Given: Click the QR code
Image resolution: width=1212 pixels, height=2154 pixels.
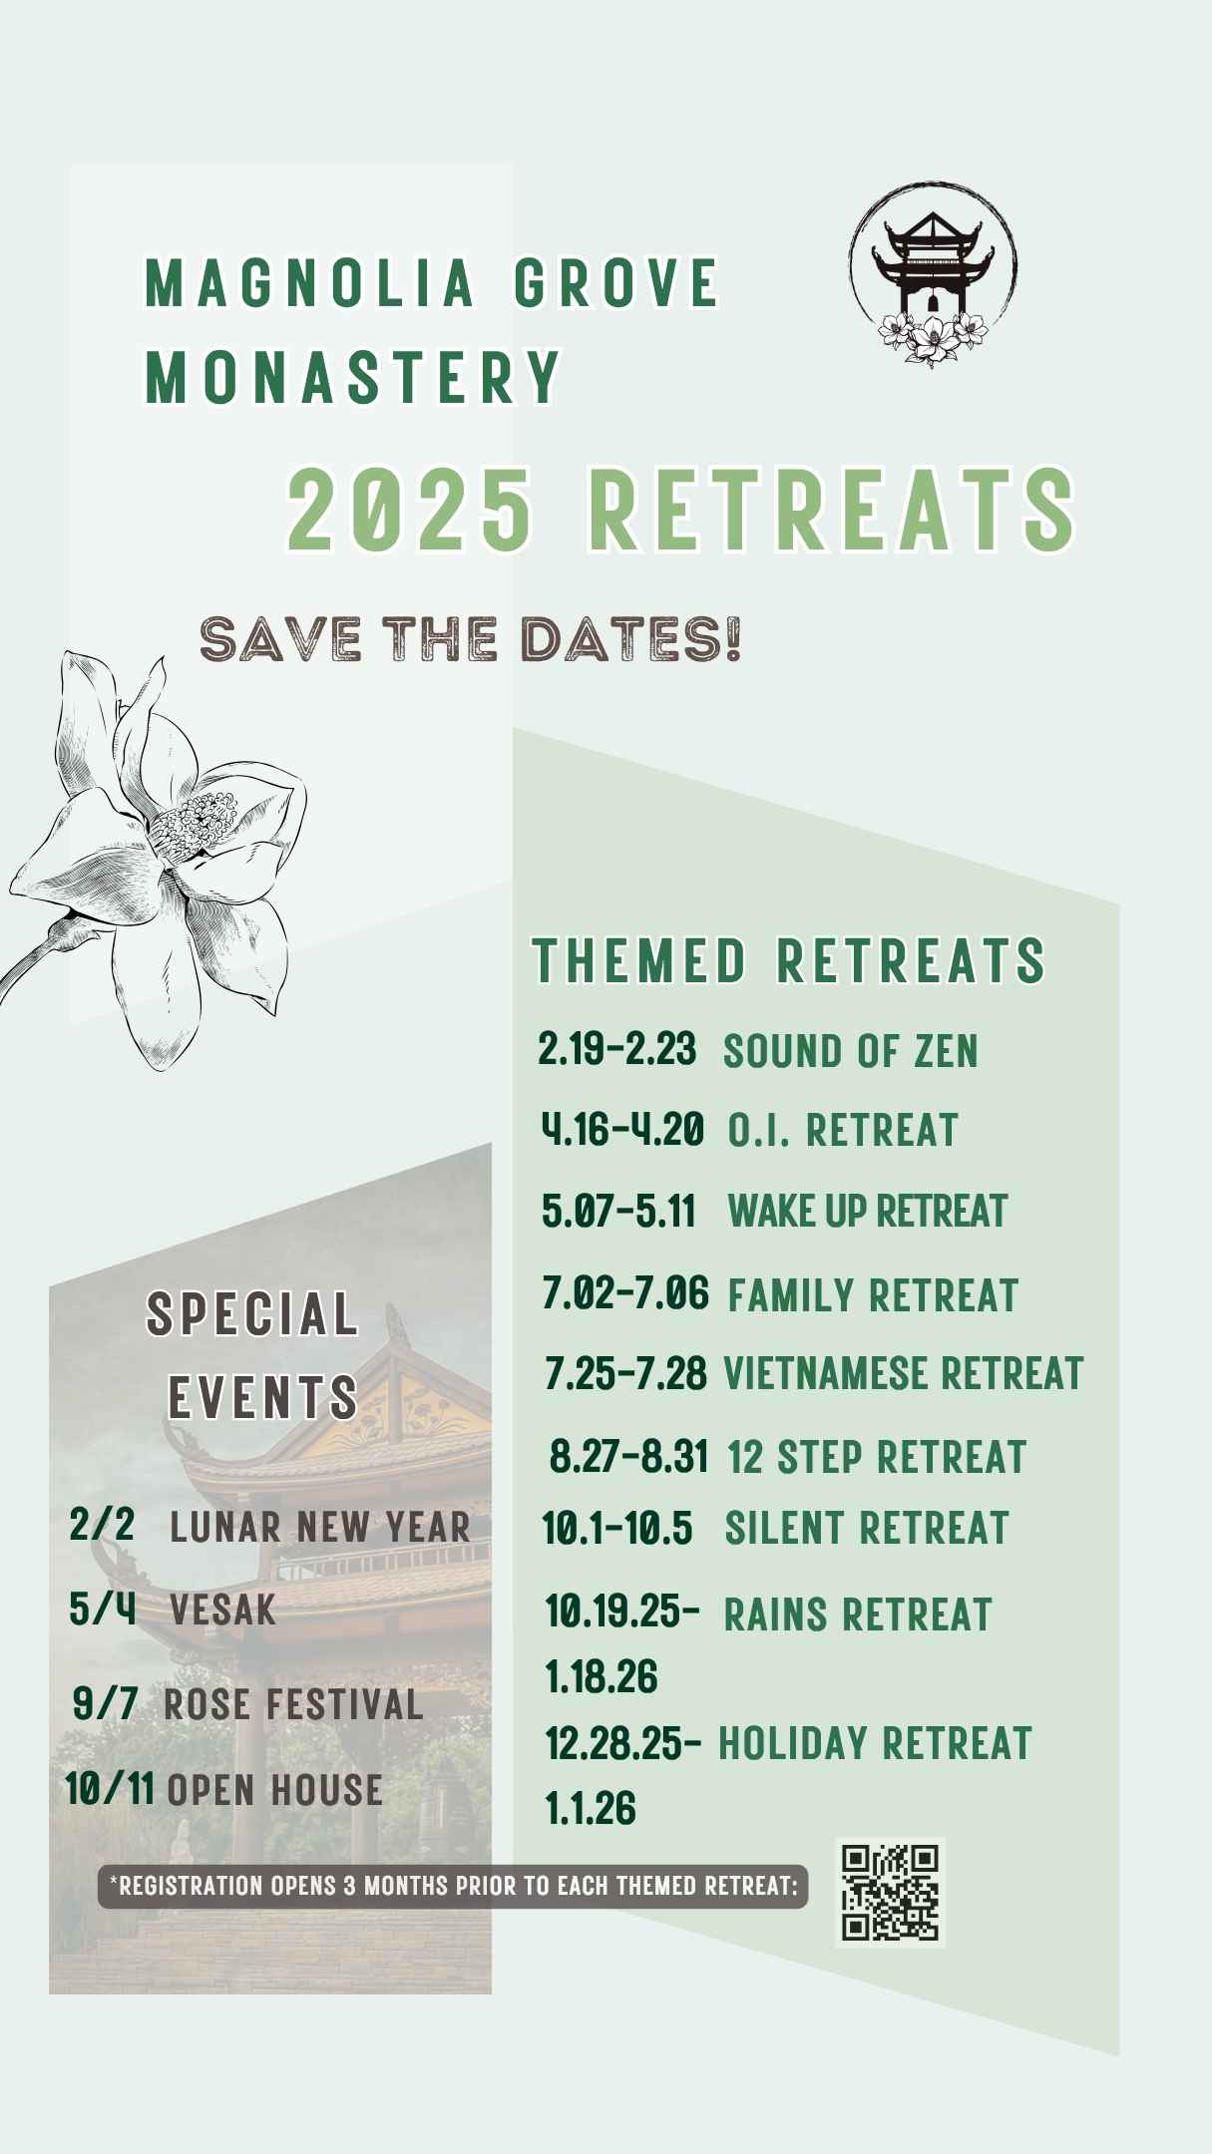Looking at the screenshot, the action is click(x=890, y=1892).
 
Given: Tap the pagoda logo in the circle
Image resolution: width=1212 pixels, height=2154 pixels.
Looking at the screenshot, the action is click(x=933, y=273).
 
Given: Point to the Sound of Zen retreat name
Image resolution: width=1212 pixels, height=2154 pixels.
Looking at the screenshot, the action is click(x=851, y=1051).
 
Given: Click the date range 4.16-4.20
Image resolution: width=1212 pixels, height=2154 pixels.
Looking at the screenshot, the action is click(x=622, y=1130).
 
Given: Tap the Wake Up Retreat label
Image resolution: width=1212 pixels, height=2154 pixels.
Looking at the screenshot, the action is click(x=868, y=1211).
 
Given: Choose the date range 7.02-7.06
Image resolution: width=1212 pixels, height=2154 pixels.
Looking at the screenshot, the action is click(x=625, y=1293).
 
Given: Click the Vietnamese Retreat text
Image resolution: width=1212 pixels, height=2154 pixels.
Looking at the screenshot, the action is click(x=903, y=1373).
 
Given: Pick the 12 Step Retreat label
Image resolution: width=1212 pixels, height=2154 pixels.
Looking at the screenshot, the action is click(x=877, y=1457).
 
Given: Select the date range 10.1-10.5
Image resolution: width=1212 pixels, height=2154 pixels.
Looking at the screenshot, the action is click(x=617, y=1528).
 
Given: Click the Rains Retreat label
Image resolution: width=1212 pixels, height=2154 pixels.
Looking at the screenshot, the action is click(x=858, y=1615).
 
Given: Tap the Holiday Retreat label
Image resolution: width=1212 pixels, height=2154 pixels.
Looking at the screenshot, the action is click(x=875, y=1743).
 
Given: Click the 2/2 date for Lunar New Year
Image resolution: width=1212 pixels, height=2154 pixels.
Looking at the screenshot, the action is click(x=102, y=1525).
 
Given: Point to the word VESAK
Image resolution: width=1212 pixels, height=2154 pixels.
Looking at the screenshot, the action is click(x=222, y=1610).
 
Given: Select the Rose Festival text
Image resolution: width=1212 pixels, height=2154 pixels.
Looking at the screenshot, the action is click(x=293, y=1704).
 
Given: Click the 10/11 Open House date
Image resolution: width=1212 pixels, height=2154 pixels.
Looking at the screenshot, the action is click(x=110, y=1789).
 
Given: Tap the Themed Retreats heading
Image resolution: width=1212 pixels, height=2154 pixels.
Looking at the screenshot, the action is click(x=789, y=960).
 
